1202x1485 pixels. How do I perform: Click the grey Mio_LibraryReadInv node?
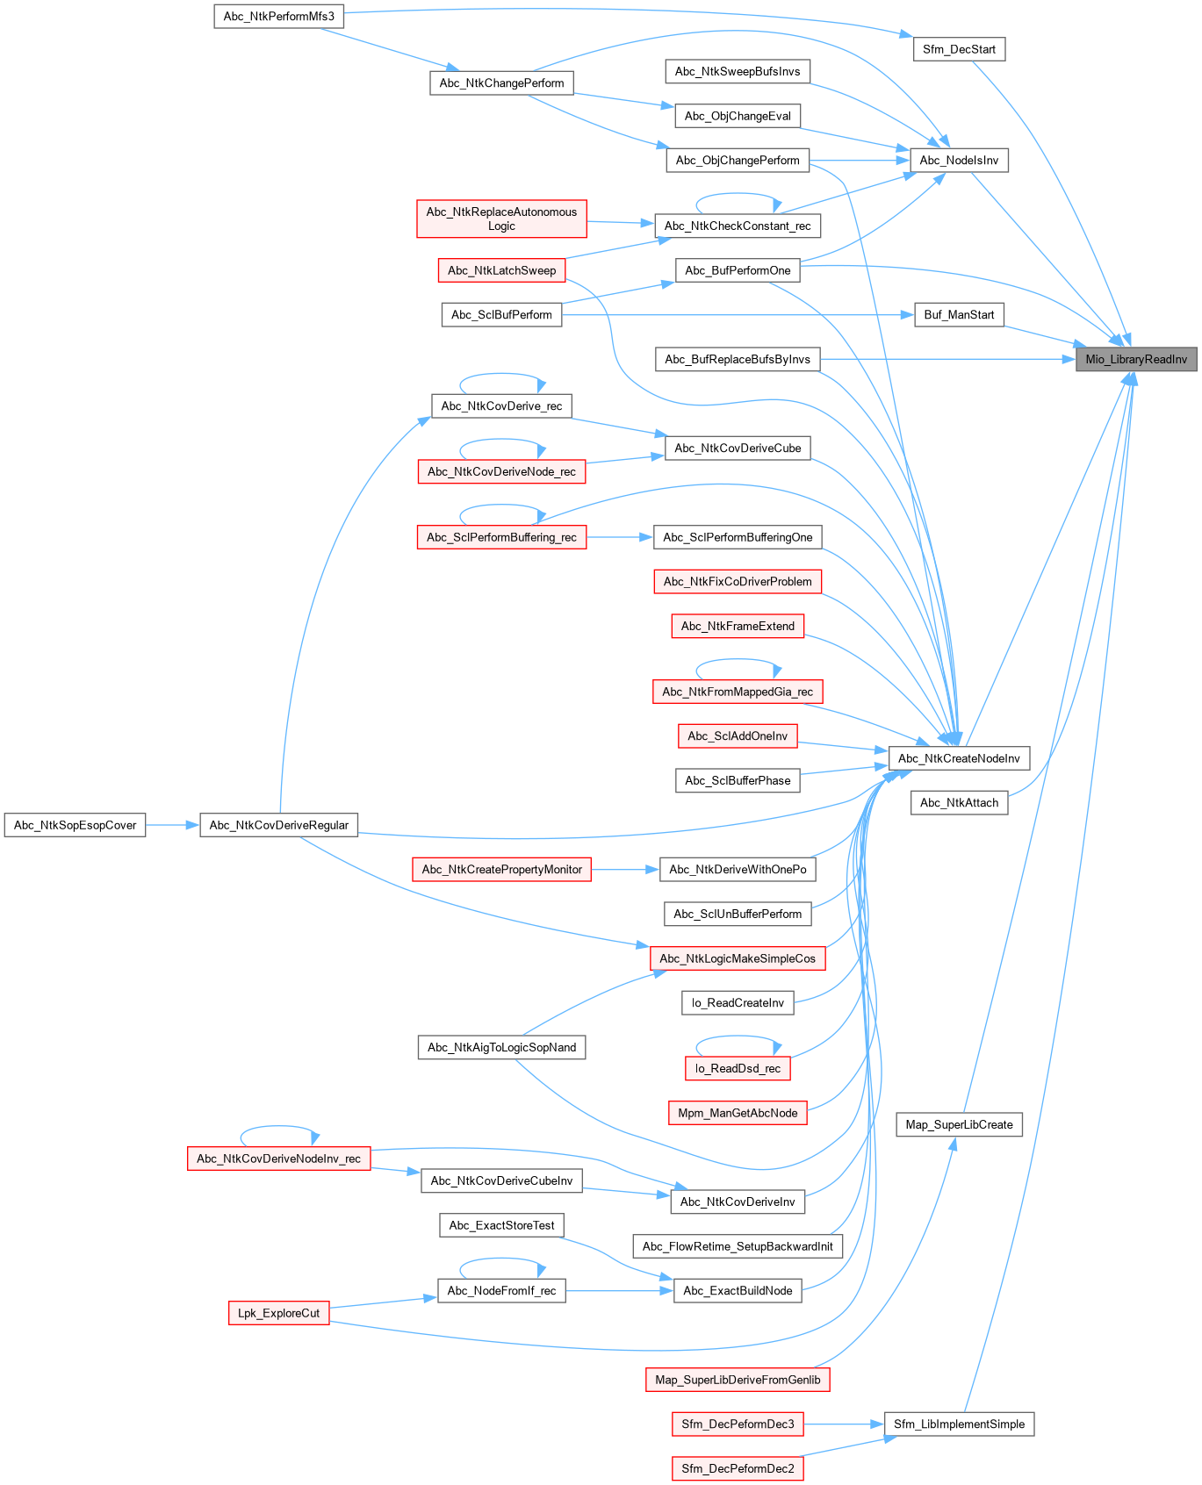click(x=1136, y=359)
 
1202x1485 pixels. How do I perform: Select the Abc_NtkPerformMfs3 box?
click(x=278, y=16)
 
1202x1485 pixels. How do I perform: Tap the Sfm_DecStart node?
click(x=959, y=49)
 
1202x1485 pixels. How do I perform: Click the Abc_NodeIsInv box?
click(x=959, y=161)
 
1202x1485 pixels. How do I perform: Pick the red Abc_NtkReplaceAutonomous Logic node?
click(x=501, y=219)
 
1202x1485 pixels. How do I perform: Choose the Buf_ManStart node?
click(x=959, y=314)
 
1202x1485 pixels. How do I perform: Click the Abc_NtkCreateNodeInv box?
click(x=959, y=758)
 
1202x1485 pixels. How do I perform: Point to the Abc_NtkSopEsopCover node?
click(x=75, y=825)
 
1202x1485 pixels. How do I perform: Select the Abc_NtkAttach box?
click(x=959, y=802)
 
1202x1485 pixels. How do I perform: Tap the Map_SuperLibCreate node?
click(x=959, y=1124)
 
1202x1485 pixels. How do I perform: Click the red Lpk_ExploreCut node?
click(x=278, y=1313)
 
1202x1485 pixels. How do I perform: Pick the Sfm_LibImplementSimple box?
click(x=959, y=1424)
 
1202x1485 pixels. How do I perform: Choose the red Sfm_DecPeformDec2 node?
click(x=738, y=1468)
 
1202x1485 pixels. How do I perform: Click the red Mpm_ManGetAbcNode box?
click(x=738, y=1113)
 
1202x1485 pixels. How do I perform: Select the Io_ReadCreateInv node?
click(x=738, y=1002)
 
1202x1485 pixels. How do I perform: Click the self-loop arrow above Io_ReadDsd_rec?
click(x=738, y=1037)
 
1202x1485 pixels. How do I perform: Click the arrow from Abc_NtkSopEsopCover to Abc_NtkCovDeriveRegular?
click(x=172, y=825)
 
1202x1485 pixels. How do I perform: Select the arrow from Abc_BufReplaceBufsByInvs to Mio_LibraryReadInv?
click(x=948, y=359)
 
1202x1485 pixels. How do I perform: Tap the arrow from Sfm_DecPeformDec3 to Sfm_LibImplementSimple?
click(x=843, y=1424)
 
